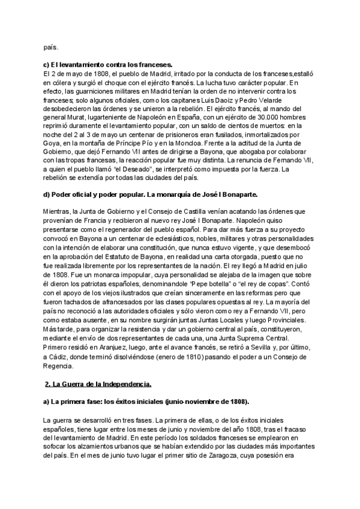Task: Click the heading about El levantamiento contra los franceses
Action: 108,64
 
